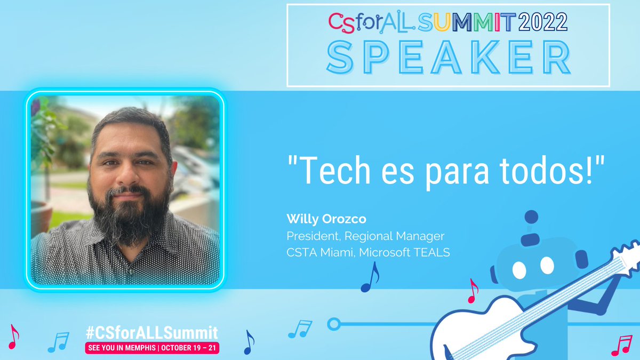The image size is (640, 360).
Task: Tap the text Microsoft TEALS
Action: tap(404, 252)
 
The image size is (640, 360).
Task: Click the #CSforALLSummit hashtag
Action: tap(151, 333)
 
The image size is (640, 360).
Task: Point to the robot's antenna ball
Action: tap(531, 217)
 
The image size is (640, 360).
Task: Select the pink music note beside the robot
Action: tap(472, 291)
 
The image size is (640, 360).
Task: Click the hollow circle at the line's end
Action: tap(334, 324)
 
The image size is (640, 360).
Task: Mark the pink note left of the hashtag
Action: tap(13, 337)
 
